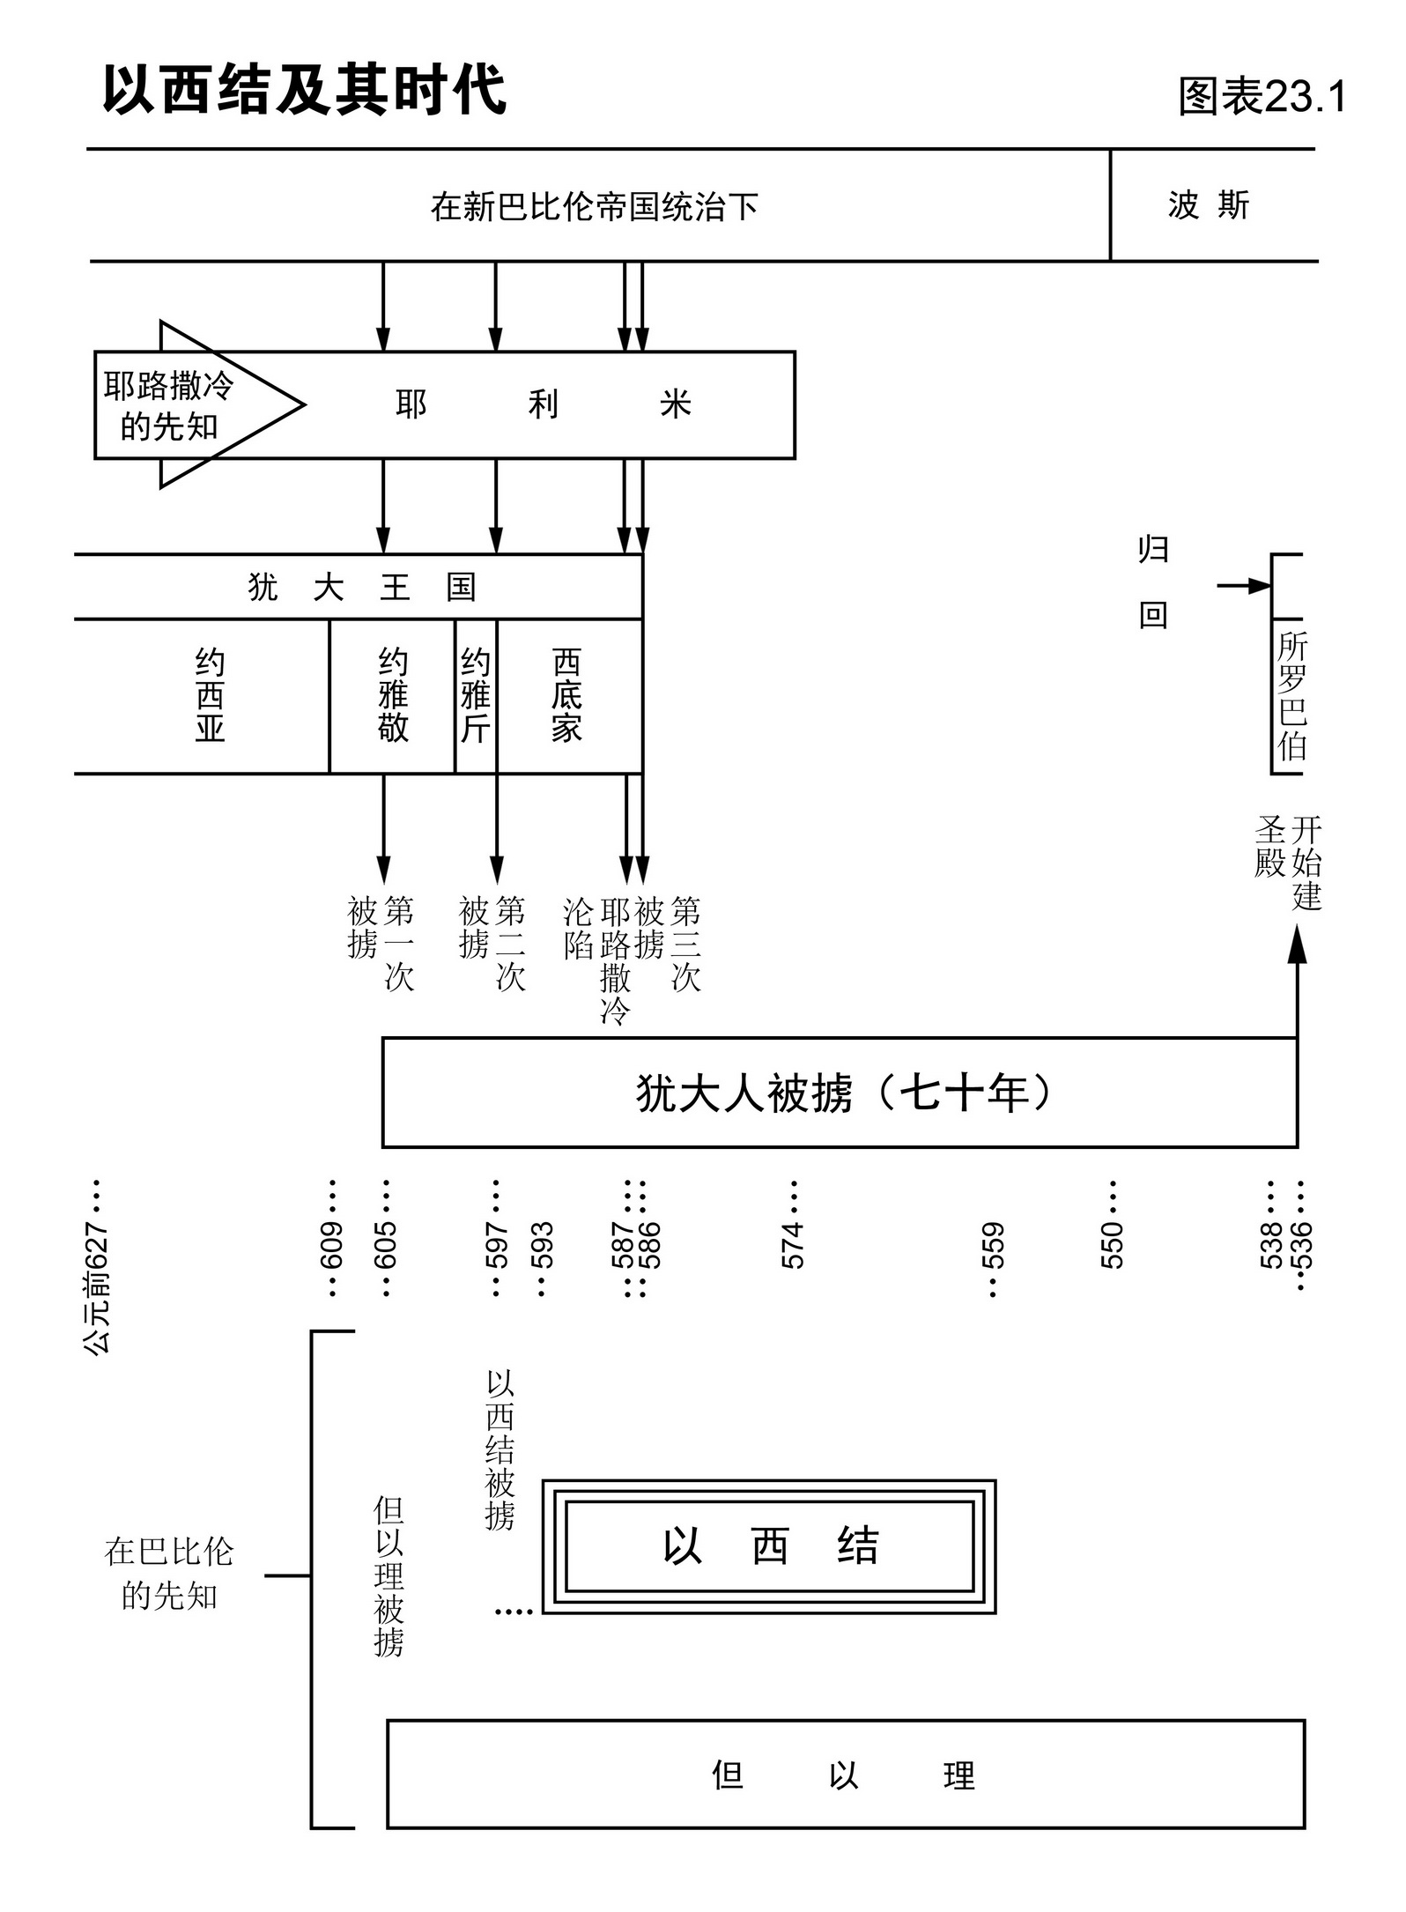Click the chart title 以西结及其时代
pyautogui.click(x=304, y=90)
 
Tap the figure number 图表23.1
pyautogui.click(x=1262, y=96)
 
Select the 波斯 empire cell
pyautogui.click(x=1209, y=205)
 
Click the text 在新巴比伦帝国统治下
pyautogui.click(x=594, y=207)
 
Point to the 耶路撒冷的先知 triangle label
pyautogui.click(x=169, y=405)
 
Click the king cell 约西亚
pyautogui.click(x=210, y=696)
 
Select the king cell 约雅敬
pyautogui.click(x=393, y=696)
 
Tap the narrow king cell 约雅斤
pyautogui.click(x=476, y=696)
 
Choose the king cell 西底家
pyautogui.click(x=567, y=696)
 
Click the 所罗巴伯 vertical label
pyautogui.click(x=1291, y=696)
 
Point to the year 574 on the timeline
pyautogui.click(x=793, y=1244)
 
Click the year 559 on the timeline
pyautogui.click(x=993, y=1244)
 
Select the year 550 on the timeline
pyautogui.click(x=1113, y=1244)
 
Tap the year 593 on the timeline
pyautogui.click(x=542, y=1244)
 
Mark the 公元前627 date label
pyautogui.click(x=96, y=1286)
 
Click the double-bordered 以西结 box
pyautogui.click(x=769, y=1546)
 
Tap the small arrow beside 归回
pyautogui.click(x=1243, y=586)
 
